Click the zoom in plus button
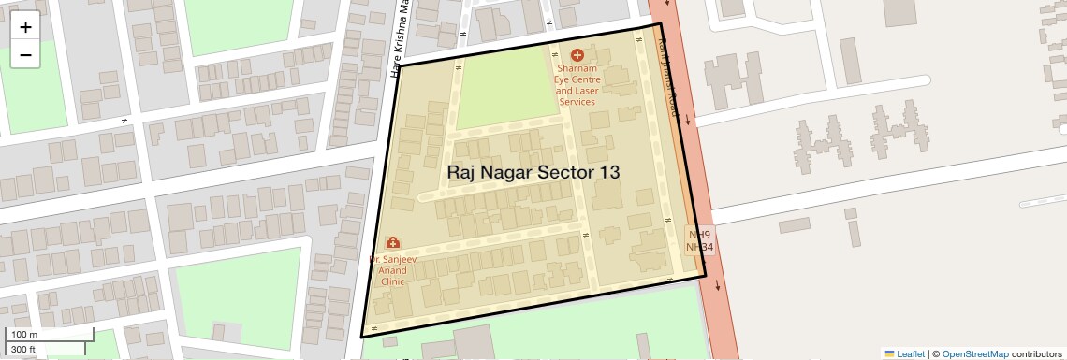[x=25, y=27]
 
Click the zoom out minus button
[x=25, y=55]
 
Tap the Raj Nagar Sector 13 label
[x=533, y=172]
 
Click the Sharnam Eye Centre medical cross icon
[x=576, y=55]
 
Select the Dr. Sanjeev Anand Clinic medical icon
[x=392, y=243]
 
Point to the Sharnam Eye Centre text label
[x=576, y=85]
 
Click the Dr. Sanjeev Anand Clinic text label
[x=392, y=270]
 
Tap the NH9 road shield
[x=699, y=235]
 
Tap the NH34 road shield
[x=699, y=247]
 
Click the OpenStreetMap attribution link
[x=974, y=353]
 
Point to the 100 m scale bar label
[x=24, y=335]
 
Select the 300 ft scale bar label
[x=24, y=350]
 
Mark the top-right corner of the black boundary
[x=661, y=23]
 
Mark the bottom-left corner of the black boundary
[x=361, y=337]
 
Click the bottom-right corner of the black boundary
[x=705, y=277]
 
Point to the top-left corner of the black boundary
[x=401, y=65]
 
